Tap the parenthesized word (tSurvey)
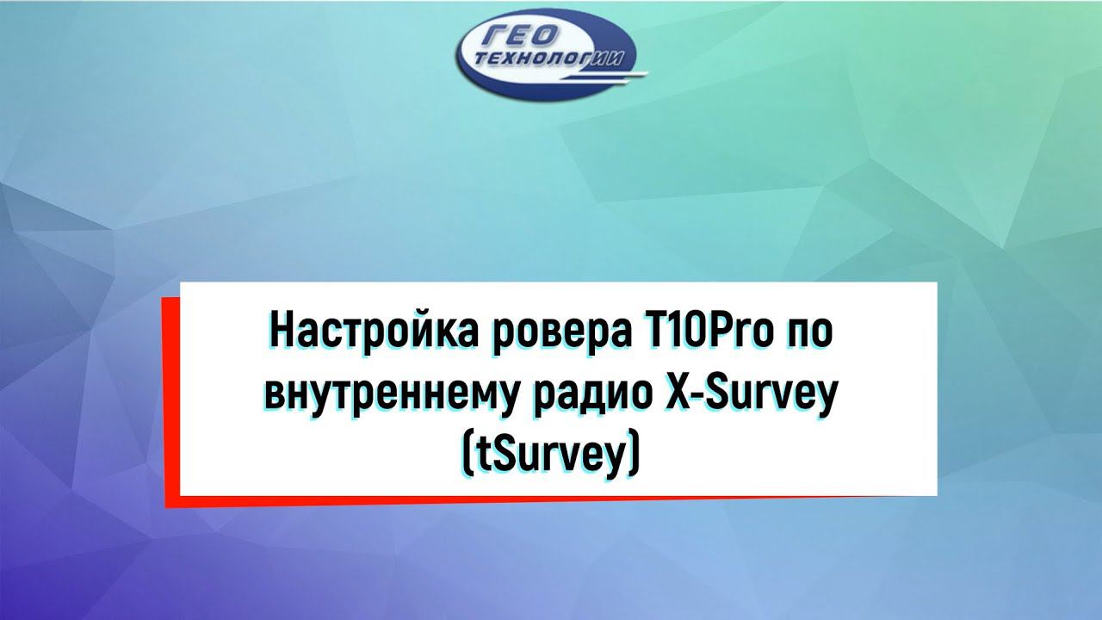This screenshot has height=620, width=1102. tap(551, 454)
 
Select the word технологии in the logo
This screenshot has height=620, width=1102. tap(552, 61)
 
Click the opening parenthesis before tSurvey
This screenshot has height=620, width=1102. tap(467, 455)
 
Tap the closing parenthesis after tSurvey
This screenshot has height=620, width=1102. tap(635, 455)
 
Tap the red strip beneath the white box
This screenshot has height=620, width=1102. tap(517, 500)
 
